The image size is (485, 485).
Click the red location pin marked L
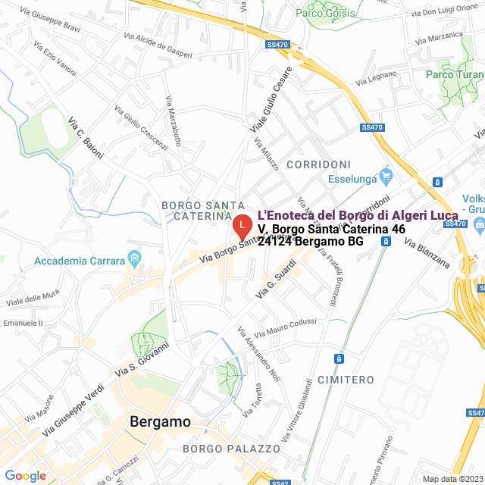click(x=241, y=225)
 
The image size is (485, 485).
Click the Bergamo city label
click(x=160, y=422)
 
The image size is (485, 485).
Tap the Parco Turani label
click(x=453, y=74)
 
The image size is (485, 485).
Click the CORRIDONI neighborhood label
click(x=318, y=164)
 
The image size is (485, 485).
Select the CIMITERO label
click(x=346, y=379)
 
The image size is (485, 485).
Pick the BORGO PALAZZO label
click(x=221, y=449)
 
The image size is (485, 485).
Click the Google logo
click(x=25, y=476)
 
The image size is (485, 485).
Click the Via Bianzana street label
click(x=427, y=254)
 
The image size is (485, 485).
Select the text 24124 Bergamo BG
click(x=311, y=242)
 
